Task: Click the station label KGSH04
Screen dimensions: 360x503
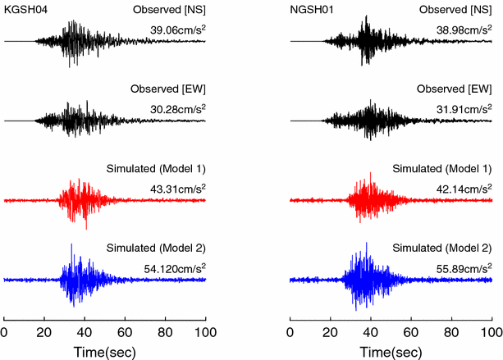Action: tap(25, 9)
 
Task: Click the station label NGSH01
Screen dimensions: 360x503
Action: tap(311, 9)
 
